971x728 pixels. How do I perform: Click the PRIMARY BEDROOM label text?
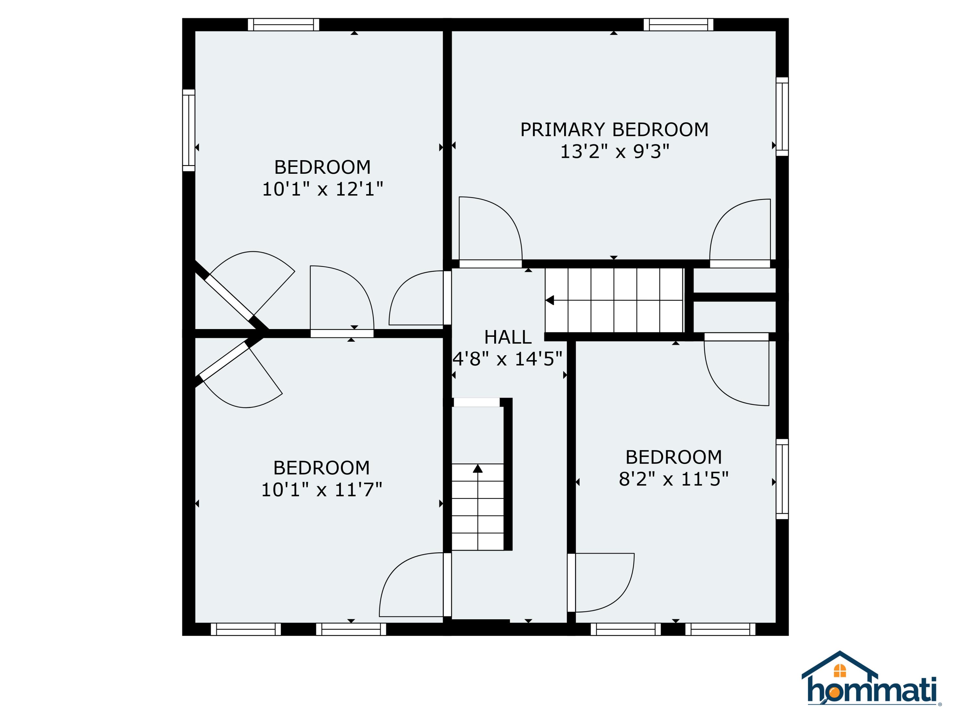[614, 130]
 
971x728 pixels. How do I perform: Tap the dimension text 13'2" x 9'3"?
[615, 152]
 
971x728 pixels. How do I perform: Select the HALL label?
[508, 337]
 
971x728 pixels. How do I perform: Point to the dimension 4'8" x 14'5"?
[508, 359]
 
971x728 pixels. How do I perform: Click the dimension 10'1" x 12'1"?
[323, 189]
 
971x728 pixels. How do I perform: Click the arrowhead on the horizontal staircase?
[550, 301]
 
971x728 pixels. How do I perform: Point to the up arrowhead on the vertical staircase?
[478, 469]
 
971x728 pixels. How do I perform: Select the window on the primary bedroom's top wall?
[678, 25]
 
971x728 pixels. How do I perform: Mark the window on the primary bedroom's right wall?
[782, 117]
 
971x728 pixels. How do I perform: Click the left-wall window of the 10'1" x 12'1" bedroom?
[189, 130]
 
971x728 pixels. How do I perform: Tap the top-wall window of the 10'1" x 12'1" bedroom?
[284, 25]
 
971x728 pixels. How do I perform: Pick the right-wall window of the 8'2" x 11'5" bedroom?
[782, 479]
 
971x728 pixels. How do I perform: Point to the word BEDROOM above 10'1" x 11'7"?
[322, 468]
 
